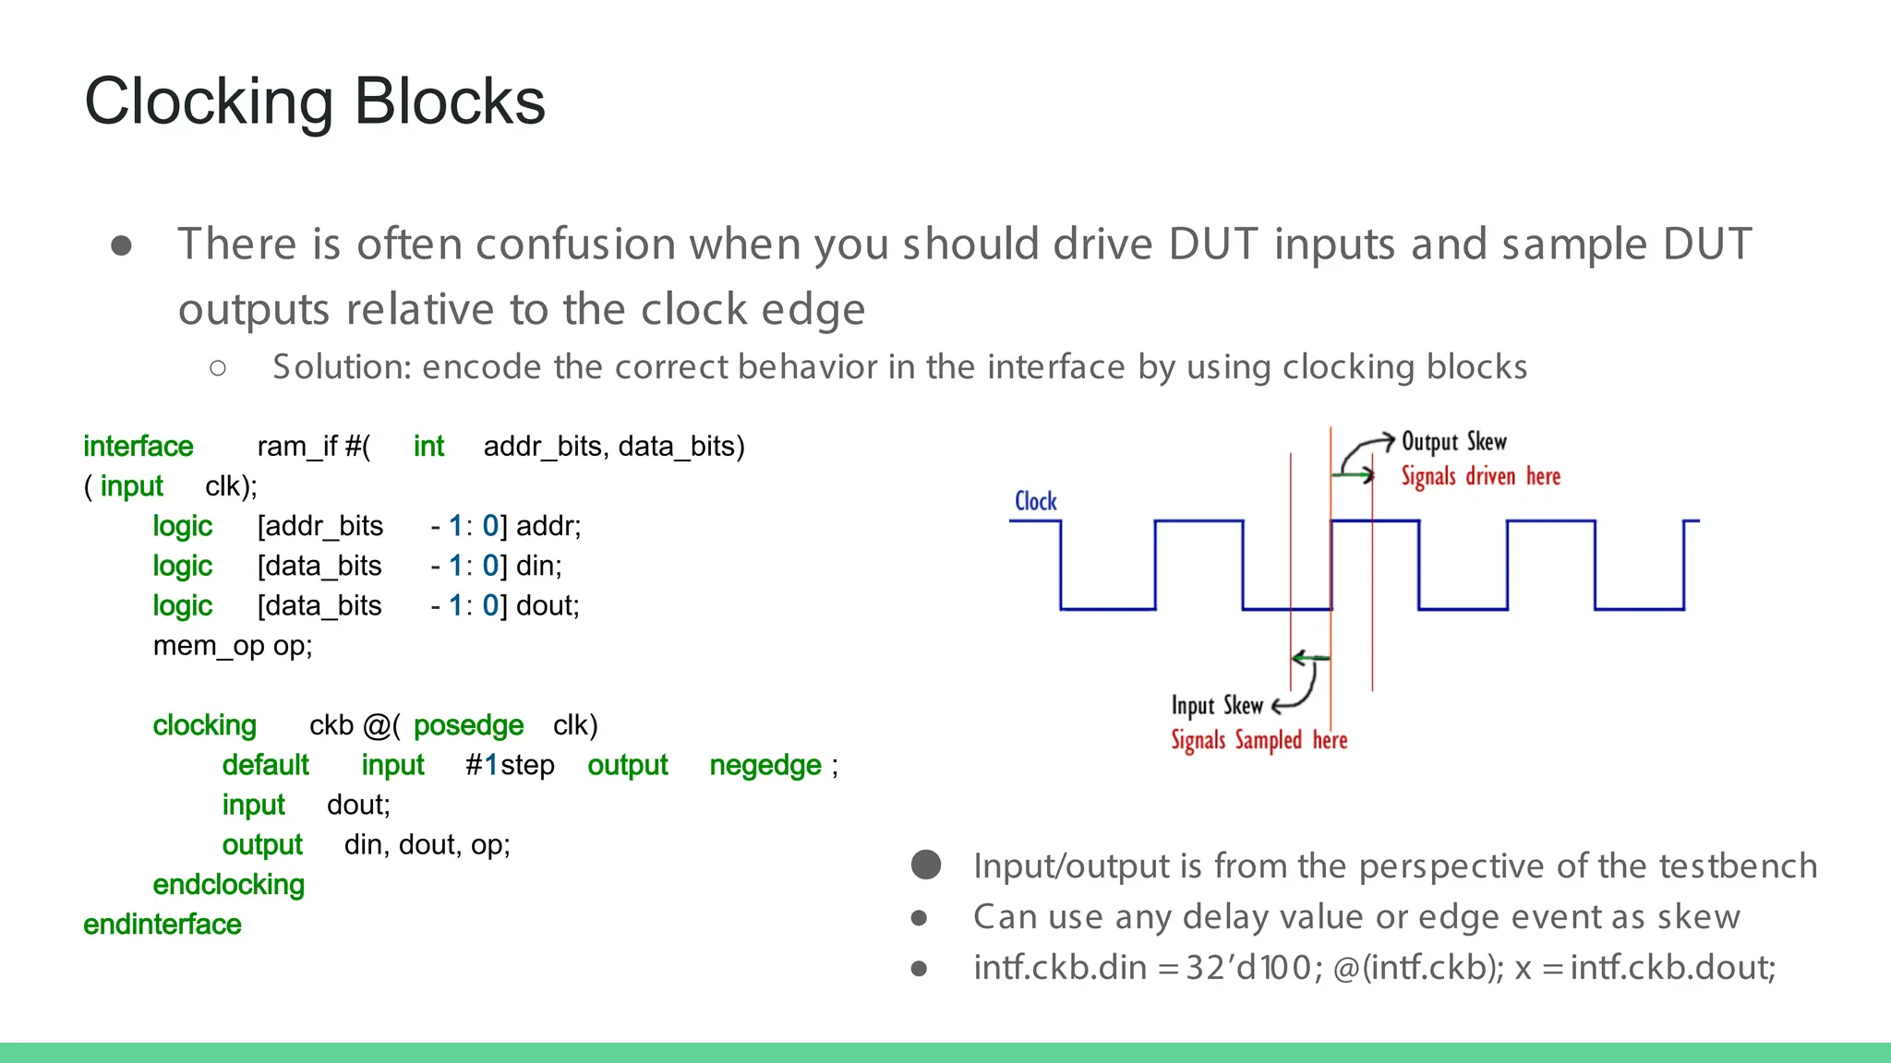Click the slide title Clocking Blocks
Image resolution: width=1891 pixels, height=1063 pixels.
[x=315, y=102]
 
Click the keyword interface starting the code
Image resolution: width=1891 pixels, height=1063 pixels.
[x=138, y=447]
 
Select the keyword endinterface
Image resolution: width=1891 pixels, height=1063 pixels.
[x=162, y=925]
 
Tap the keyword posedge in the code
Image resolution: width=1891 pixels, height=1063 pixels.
[x=468, y=726]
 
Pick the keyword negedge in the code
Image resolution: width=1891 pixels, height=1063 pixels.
[x=765, y=766]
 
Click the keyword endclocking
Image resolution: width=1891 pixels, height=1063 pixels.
[x=228, y=885]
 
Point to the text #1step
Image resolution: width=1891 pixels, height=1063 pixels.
[x=510, y=766]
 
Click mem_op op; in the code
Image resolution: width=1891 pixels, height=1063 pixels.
[x=233, y=646]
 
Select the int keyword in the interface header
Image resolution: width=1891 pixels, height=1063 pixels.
[x=428, y=447]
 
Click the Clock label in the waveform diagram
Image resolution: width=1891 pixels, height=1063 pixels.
[x=1035, y=501]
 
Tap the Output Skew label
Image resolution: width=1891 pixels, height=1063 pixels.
[x=1453, y=442]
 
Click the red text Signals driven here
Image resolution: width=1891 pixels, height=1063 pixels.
[x=1480, y=476]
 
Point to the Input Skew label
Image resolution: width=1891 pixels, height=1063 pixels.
[x=1216, y=706]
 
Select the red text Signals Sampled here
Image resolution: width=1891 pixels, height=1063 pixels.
[x=1259, y=740]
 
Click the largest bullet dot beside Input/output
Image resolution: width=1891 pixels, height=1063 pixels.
[x=925, y=865]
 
